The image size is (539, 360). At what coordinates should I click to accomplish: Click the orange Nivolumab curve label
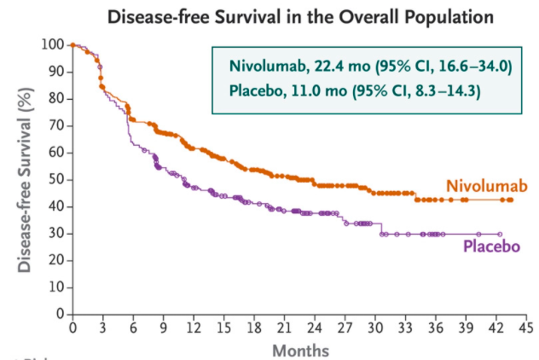click(484, 187)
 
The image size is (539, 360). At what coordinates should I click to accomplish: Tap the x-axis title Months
click(299, 351)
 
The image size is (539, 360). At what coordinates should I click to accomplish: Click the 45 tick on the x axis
click(525, 328)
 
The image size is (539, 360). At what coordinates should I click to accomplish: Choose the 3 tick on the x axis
click(103, 328)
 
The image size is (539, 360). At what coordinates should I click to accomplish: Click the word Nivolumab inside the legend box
click(264, 66)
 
